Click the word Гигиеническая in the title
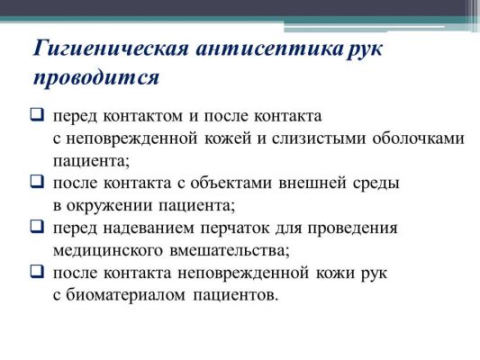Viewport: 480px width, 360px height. [110, 49]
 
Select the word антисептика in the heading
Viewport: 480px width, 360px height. [269, 49]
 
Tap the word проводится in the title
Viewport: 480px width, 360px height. [96, 77]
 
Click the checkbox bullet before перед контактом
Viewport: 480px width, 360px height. [37, 114]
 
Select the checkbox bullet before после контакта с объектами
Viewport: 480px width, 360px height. [37, 182]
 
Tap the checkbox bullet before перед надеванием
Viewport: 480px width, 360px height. [37, 227]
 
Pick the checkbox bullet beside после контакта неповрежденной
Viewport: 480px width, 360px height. [37, 271]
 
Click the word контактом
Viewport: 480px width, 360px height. [143, 116]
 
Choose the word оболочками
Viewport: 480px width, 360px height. [419, 139]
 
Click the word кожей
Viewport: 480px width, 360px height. [228, 138]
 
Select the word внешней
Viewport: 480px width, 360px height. [312, 184]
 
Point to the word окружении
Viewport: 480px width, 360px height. [109, 206]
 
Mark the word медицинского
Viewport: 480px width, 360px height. [108, 251]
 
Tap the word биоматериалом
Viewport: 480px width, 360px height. [125, 295]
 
